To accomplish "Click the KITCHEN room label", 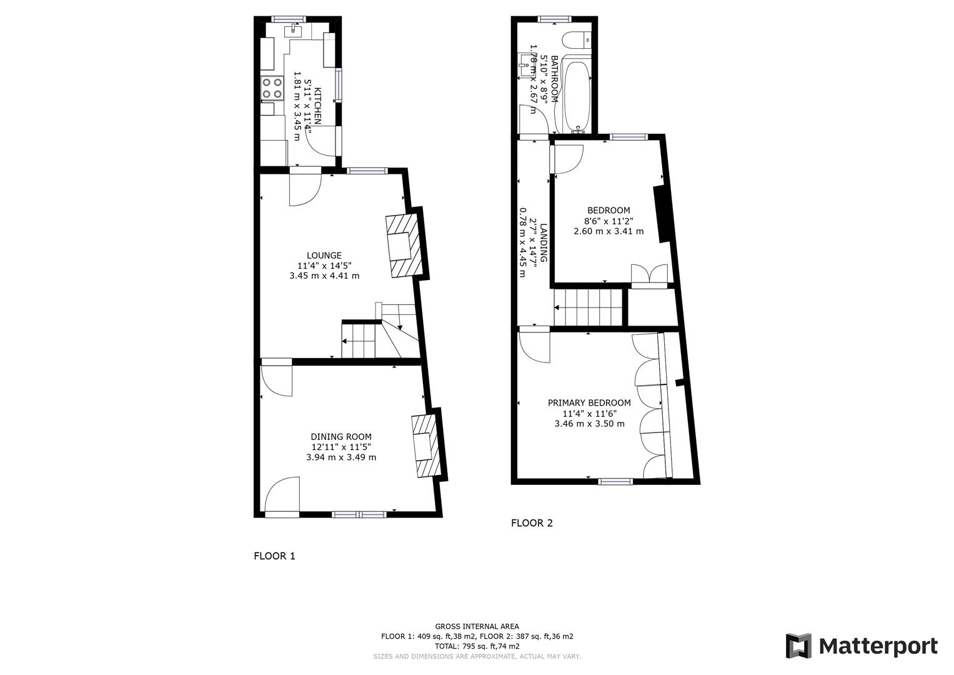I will point(317,106).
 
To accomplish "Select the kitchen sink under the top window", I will point(293,30).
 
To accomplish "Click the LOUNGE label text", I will point(324,255).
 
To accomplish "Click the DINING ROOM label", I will point(341,437).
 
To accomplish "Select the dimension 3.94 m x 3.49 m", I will point(341,457).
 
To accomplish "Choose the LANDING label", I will point(544,243).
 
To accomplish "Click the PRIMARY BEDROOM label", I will point(589,403).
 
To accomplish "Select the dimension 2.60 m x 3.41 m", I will point(609,231).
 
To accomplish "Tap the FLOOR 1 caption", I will point(274,556).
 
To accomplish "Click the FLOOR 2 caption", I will point(532,523).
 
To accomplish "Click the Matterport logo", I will point(861,646).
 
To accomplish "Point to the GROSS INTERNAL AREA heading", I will point(477,626).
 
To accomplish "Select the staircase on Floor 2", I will point(589,307).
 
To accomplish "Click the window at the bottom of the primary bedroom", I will point(615,481).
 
